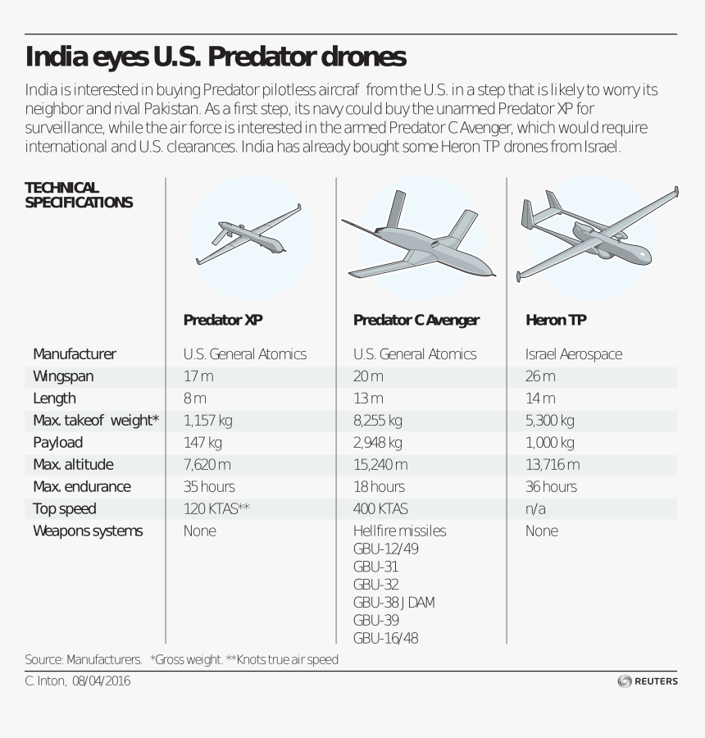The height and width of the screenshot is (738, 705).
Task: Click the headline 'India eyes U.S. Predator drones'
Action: click(216, 57)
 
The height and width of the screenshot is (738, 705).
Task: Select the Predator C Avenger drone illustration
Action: click(418, 244)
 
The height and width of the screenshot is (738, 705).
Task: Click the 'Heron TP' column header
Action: click(556, 320)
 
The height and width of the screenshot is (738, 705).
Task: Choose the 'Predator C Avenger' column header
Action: click(416, 320)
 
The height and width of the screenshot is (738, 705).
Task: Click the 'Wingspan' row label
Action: click(63, 376)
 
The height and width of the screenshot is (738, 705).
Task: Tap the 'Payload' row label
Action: click(57, 443)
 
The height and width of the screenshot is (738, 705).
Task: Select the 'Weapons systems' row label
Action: click(88, 531)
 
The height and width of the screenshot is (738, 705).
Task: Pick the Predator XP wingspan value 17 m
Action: click(198, 376)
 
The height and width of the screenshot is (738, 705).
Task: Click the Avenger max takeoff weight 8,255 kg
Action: click(377, 421)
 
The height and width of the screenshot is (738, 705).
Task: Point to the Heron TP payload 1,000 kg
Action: click(549, 443)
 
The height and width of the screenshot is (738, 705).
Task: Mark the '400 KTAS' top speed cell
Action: click(380, 509)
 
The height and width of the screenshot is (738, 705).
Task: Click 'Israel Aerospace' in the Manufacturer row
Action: click(574, 354)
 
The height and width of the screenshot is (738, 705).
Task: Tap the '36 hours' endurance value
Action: click(551, 487)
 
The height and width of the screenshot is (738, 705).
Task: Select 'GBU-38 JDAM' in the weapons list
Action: click(393, 603)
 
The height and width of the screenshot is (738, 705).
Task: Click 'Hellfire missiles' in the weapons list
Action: click(399, 531)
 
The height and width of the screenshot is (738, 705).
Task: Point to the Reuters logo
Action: click(648, 681)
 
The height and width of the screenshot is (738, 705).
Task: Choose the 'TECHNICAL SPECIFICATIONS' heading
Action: click(79, 195)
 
